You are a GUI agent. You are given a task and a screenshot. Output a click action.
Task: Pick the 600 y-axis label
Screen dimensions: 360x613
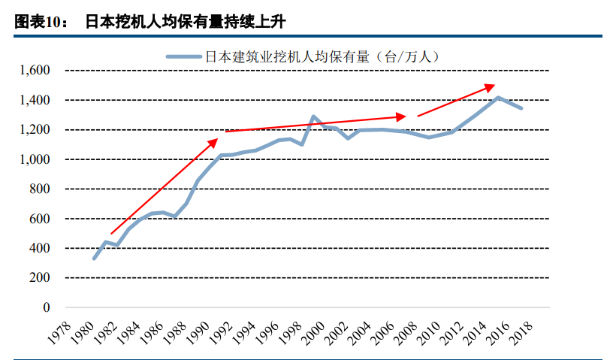(39, 219)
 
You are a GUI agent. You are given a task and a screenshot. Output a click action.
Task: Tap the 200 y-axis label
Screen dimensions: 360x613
(39, 278)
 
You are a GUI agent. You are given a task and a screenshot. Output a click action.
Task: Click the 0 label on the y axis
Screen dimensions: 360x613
(46, 307)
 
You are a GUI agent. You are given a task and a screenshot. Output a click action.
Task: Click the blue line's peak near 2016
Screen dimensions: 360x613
(497, 98)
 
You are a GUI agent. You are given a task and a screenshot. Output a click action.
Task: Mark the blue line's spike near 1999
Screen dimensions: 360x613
(313, 117)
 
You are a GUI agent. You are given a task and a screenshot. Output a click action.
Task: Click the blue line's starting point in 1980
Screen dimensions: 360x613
(94, 259)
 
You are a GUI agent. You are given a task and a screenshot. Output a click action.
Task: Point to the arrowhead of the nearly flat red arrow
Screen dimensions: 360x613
(402, 116)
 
